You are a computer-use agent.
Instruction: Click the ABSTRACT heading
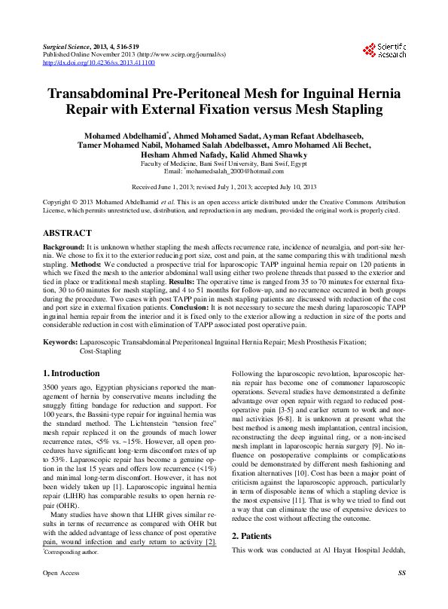(68, 234)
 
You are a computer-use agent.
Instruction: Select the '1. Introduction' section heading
(72, 374)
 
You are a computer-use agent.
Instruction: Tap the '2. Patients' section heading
(254, 557)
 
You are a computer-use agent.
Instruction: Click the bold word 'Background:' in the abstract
(63, 247)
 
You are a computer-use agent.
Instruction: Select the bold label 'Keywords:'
(60, 342)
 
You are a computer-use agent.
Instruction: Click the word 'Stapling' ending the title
(355, 112)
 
